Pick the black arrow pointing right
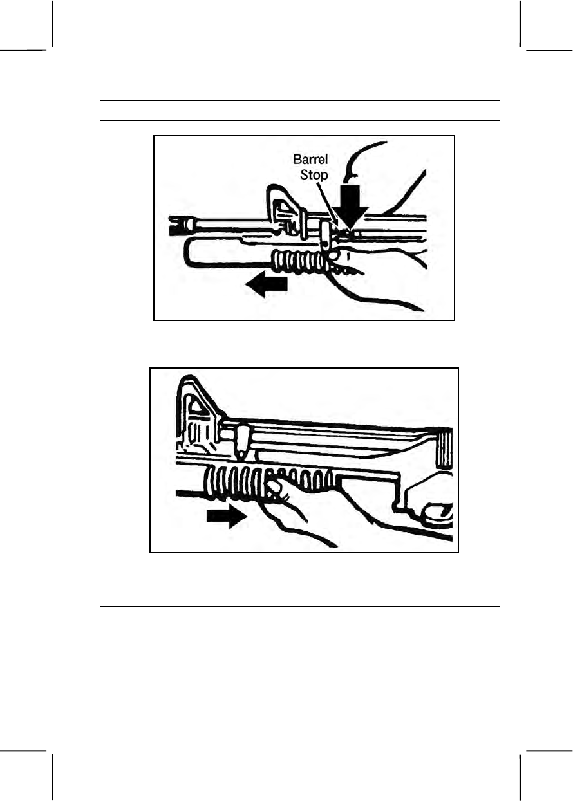coord(227,516)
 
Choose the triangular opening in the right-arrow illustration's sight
coord(193,405)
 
